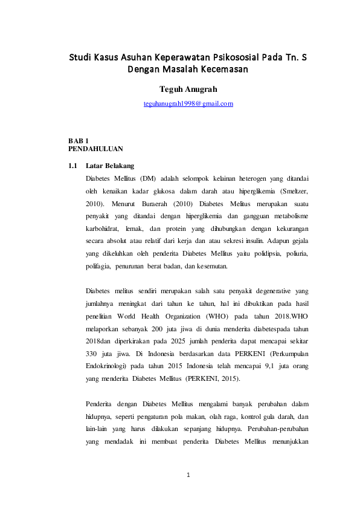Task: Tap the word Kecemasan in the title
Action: click(220, 70)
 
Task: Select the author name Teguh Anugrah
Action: click(188, 89)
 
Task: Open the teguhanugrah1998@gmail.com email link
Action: click(188, 104)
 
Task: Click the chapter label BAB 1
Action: click(79, 140)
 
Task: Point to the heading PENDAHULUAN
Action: click(95, 148)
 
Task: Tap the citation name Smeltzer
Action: click(292, 191)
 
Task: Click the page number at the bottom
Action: click(188, 475)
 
